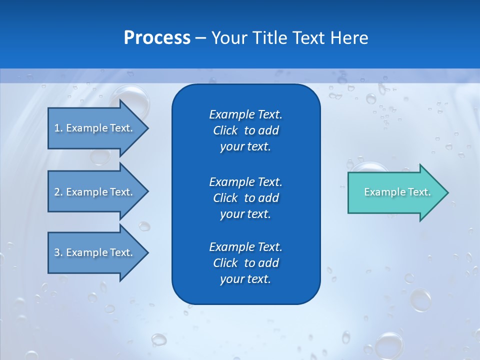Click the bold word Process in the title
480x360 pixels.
(157, 38)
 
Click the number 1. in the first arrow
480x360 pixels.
(58, 128)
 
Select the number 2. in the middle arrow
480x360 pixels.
(58, 192)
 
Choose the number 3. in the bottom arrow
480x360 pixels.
(58, 252)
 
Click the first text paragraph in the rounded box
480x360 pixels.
(245, 130)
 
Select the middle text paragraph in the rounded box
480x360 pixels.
(245, 197)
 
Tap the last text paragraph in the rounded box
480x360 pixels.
(245, 263)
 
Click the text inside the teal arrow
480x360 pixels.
(397, 192)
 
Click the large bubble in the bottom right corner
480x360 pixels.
(389, 345)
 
